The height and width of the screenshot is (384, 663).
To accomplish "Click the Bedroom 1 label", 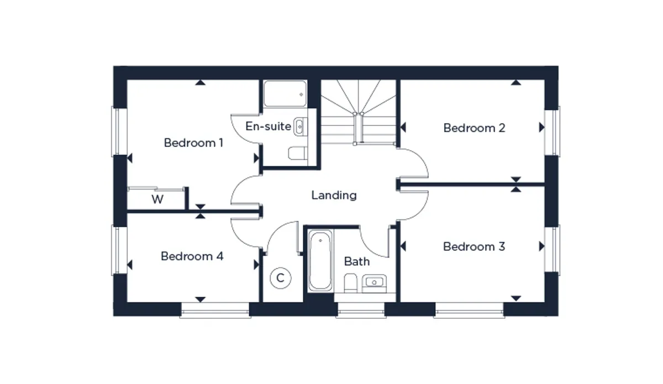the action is pyautogui.click(x=193, y=143).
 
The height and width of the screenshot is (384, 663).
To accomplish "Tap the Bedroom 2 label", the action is pyautogui.click(x=474, y=128).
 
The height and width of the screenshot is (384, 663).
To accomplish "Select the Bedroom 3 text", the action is pyautogui.click(x=474, y=246).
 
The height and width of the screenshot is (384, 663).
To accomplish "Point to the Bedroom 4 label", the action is pyautogui.click(x=192, y=256).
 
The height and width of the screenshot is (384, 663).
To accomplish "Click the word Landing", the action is pyautogui.click(x=334, y=196).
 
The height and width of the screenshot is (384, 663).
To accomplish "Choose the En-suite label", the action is pyautogui.click(x=268, y=127).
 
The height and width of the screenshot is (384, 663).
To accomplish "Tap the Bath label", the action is pyautogui.click(x=357, y=261).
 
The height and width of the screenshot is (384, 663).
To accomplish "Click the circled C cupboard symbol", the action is pyautogui.click(x=280, y=278).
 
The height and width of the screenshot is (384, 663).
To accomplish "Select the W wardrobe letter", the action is pyautogui.click(x=157, y=199).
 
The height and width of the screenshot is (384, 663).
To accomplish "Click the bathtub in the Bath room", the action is pyautogui.click(x=320, y=260).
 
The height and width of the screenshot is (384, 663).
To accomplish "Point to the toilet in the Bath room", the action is pyautogui.click(x=351, y=283).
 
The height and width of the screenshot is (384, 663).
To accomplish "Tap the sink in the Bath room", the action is pyautogui.click(x=374, y=283).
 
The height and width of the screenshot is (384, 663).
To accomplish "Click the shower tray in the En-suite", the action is pyautogui.click(x=285, y=93).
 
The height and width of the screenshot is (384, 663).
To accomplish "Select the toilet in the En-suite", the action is pyautogui.click(x=297, y=153).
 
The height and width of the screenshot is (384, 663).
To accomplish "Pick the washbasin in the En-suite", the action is pyautogui.click(x=300, y=127).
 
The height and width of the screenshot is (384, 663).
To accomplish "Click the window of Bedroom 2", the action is pyautogui.click(x=552, y=131).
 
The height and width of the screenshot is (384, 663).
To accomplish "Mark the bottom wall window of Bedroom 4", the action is pyautogui.click(x=215, y=311).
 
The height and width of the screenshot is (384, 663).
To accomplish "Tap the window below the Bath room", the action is pyautogui.click(x=361, y=311).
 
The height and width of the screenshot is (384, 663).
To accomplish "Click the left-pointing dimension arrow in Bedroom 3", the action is pyautogui.click(x=403, y=246).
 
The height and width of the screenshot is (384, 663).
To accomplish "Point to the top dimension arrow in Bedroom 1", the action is pyautogui.click(x=201, y=82).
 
